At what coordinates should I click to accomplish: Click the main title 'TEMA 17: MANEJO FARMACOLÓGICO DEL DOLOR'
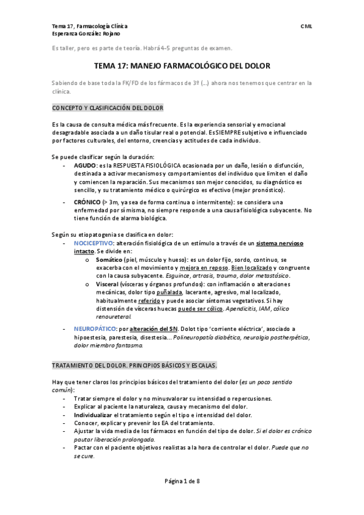182,66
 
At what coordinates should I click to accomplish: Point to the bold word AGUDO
84,165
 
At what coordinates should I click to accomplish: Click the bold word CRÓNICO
87,202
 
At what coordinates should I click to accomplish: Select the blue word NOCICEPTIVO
97,243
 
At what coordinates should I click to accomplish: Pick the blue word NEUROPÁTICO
97,329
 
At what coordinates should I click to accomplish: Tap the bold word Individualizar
95,415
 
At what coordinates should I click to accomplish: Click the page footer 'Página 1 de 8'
182,481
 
